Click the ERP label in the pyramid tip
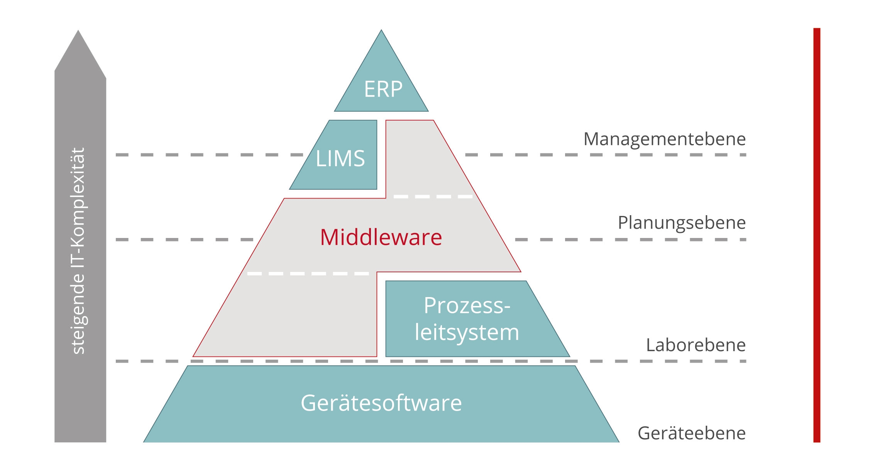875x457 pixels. (x=383, y=89)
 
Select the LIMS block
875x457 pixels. (x=340, y=158)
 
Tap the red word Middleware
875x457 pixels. (x=381, y=237)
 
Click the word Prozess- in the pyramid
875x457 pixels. (x=467, y=306)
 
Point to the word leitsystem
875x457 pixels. (x=467, y=332)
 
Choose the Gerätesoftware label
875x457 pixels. (x=381, y=403)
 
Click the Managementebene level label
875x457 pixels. (x=664, y=139)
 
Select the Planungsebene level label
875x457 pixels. (x=682, y=223)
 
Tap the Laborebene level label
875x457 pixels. (x=696, y=345)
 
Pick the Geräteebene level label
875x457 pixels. (x=691, y=433)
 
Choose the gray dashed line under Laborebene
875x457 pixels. (x=656, y=361)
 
